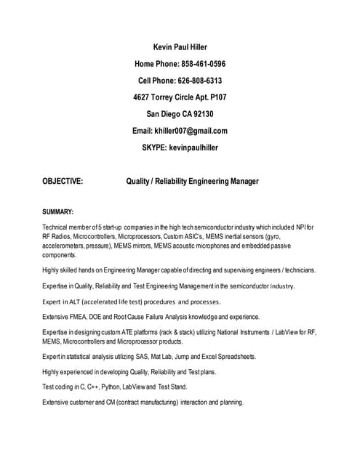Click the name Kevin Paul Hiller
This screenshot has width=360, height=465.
[180, 47]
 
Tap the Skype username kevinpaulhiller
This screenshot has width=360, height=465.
[193, 147]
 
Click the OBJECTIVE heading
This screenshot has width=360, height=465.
[63, 181]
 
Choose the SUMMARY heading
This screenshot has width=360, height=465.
[58, 211]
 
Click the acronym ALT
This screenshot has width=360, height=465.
[73, 302]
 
